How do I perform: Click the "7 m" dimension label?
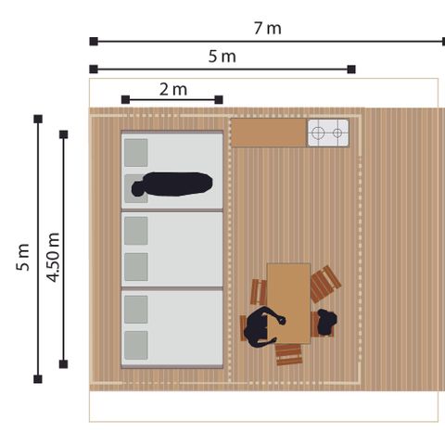(268, 28)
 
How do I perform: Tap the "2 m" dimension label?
(173, 89)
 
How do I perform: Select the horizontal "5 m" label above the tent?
(222, 57)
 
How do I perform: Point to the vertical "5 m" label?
(23, 257)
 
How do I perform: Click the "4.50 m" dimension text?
(52, 258)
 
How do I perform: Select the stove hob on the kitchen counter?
(328, 133)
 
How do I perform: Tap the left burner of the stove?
(319, 133)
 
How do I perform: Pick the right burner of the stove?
(337, 133)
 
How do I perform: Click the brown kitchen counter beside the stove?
(268, 133)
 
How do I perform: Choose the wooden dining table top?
(288, 301)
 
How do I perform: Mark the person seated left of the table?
(261, 327)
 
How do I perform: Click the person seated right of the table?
(326, 322)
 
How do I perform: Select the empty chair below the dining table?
(289, 354)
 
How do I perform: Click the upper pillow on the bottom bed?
(136, 306)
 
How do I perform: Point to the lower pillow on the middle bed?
(136, 265)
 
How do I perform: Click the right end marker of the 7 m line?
(444, 41)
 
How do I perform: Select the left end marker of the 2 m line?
(124, 99)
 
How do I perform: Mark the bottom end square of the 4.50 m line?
(63, 362)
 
